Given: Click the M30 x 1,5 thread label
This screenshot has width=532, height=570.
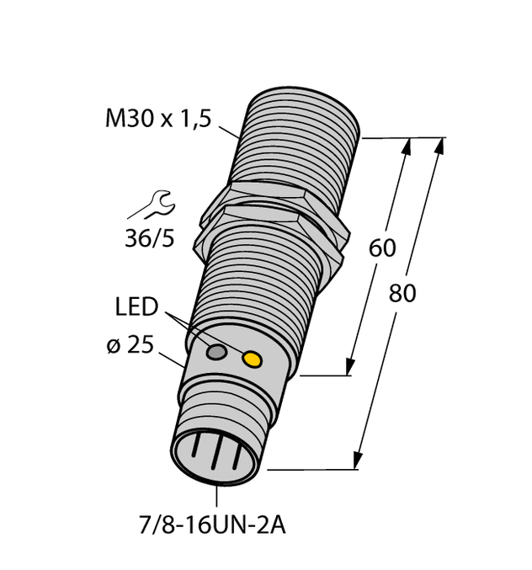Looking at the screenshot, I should (x=157, y=120).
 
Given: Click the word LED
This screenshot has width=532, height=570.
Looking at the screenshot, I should (x=136, y=306).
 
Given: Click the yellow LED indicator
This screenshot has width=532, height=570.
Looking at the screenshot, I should (x=252, y=360).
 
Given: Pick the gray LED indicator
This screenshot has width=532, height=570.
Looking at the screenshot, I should (x=217, y=352).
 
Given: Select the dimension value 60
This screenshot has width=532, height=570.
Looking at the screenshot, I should (x=382, y=248).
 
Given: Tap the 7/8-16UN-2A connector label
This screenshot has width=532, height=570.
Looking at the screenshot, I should (x=210, y=526).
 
